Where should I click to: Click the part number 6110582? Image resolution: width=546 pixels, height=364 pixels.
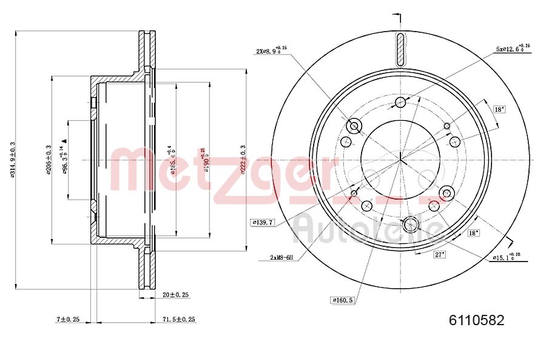476,320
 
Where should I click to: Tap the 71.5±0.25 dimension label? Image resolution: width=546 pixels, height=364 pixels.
179,318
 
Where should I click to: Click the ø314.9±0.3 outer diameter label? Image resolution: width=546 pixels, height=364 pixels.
12,160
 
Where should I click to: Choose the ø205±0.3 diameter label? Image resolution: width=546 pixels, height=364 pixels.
48,160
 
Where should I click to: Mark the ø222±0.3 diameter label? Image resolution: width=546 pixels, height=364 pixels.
243,160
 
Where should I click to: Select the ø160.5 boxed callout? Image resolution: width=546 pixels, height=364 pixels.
343,300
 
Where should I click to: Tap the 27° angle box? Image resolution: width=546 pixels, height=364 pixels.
439,255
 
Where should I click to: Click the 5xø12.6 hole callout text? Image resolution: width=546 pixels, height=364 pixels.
513,48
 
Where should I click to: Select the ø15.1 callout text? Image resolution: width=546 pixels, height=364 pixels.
506,257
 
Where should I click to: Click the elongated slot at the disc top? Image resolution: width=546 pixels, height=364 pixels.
400,49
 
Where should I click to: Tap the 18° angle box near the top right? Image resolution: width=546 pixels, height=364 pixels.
499,110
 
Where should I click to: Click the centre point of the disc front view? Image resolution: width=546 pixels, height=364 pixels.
401,160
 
